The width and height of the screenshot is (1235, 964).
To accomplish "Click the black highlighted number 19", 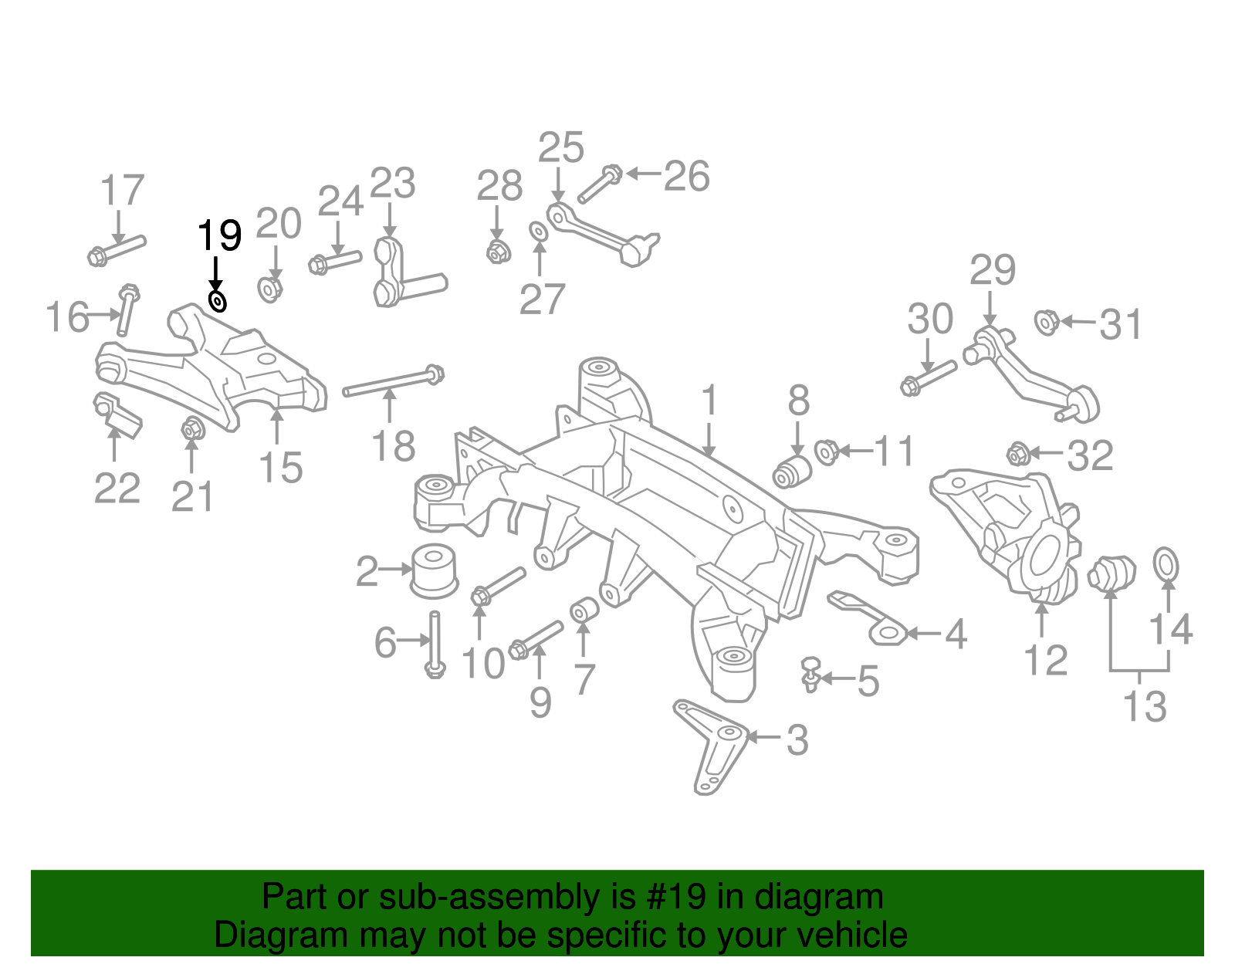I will pyautogui.click(x=220, y=235).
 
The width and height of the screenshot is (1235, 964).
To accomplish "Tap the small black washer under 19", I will pyautogui.click(x=218, y=300).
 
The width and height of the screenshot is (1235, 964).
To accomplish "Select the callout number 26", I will pyautogui.click(x=686, y=177).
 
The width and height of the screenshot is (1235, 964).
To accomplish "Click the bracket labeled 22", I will pyautogui.click(x=117, y=414).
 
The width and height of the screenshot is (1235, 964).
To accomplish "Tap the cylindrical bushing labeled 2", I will pyautogui.click(x=434, y=571).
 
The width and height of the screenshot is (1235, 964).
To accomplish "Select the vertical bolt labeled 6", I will pyautogui.click(x=435, y=644).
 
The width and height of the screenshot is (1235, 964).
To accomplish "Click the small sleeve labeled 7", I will pyautogui.click(x=584, y=610).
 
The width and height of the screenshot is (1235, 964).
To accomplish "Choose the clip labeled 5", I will pyautogui.click(x=810, y=674).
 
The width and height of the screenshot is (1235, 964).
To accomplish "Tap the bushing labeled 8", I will pyautogui.click(x=793, y=471).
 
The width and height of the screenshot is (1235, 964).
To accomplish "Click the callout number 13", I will pyautogui.click(x=1144, y=706).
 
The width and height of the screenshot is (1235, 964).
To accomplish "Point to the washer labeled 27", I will pyautogui.click(x=538, y=231).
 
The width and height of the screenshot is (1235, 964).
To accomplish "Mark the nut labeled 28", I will pyautogui.click(x=496, y=250).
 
